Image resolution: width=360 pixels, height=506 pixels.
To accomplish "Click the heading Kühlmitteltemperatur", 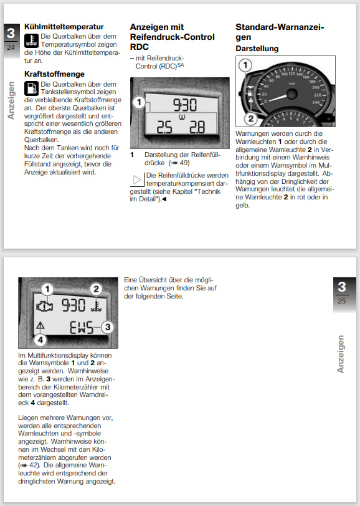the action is (64, 27).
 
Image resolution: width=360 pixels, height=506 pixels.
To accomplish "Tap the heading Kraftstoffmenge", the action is (54, 74).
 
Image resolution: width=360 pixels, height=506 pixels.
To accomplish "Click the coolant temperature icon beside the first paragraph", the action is (31, 41).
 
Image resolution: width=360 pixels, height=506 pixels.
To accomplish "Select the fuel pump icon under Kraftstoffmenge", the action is (31, 88).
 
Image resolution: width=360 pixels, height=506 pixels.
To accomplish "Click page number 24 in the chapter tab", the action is (11, 47).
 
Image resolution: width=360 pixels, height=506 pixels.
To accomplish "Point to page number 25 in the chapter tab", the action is (341, 301).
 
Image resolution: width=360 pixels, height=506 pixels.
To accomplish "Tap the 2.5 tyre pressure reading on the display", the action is (164, 128).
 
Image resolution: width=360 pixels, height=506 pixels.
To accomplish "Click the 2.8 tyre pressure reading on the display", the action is (197, 128).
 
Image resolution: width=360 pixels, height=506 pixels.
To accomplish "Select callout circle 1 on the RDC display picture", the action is (139, 103).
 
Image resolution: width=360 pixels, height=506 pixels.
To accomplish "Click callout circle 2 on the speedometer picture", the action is (250, 119).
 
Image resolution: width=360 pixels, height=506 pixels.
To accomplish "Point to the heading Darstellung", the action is (257, 49).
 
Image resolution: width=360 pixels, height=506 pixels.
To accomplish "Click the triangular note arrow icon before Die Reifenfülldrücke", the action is (137, 179).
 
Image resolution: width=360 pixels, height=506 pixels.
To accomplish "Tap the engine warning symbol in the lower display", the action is (45, 306).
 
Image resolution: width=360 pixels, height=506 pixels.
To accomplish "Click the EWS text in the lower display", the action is (82, 328).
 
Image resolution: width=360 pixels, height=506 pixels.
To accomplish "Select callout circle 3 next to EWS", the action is (107, 327).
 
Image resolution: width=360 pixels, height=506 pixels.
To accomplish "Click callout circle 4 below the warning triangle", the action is (40, 339).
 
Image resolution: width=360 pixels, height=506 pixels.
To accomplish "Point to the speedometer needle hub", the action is (291, 94).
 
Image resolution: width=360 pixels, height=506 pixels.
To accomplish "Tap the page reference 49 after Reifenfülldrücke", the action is (184, 163).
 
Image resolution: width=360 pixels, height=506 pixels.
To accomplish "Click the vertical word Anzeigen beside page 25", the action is (340, 354).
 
